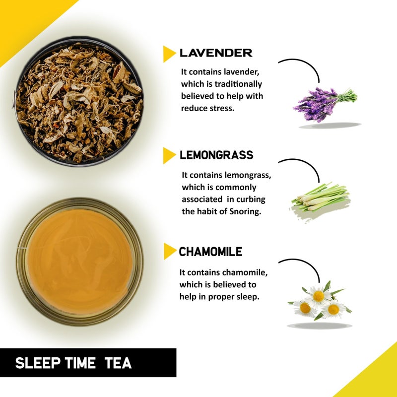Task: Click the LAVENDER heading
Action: [x=216, y=53]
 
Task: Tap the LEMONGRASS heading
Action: [x=216, y=155]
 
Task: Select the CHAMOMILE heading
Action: [x=210, y=252]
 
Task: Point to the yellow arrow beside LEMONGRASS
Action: [x=169, y=155]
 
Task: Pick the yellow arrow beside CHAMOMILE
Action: [x=169, y=252]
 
